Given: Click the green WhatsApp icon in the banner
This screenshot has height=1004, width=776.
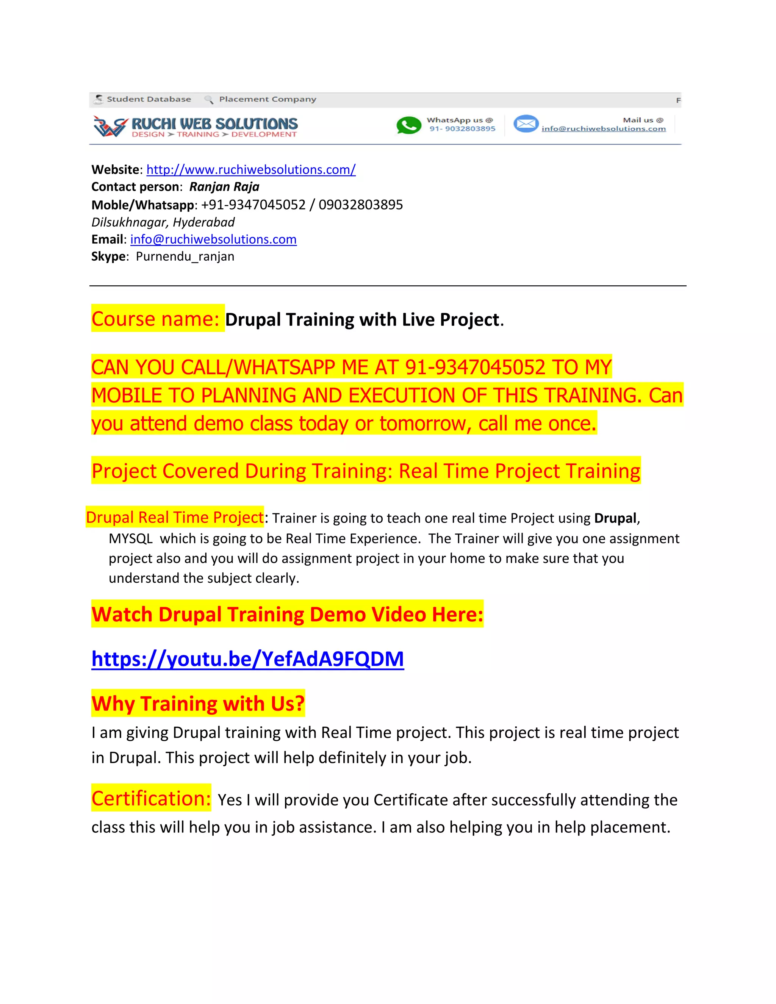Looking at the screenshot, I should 408,125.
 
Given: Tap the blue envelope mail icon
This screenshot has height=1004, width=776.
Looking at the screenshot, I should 526,124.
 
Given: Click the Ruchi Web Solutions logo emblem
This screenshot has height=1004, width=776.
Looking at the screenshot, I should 110,126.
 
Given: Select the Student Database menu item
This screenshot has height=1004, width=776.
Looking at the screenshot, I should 148,99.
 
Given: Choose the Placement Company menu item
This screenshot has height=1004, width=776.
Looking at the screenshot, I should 267,99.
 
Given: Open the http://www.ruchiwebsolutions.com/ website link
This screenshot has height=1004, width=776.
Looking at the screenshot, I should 250,170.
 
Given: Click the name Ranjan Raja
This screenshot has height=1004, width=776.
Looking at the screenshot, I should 224,187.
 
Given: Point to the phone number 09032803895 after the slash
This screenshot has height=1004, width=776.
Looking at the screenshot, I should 360,205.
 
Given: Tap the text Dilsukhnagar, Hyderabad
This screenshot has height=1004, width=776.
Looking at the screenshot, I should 163,222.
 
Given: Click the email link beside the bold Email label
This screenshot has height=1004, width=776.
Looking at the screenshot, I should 213,239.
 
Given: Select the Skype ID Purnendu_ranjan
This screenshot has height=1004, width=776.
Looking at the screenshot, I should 185,256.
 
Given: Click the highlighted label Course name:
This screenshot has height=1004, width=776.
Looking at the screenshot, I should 155,319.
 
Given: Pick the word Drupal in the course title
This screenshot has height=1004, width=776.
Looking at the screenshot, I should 252,319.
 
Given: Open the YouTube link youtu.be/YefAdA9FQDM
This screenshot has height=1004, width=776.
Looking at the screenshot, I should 247,659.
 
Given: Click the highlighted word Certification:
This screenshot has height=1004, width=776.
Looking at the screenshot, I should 151,799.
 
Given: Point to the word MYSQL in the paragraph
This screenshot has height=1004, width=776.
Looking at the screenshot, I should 130,538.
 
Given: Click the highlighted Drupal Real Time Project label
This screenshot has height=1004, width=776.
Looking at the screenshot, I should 175,518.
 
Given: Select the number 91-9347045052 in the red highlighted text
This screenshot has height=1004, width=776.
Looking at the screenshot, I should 474,367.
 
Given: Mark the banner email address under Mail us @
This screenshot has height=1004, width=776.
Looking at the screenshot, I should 603,129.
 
